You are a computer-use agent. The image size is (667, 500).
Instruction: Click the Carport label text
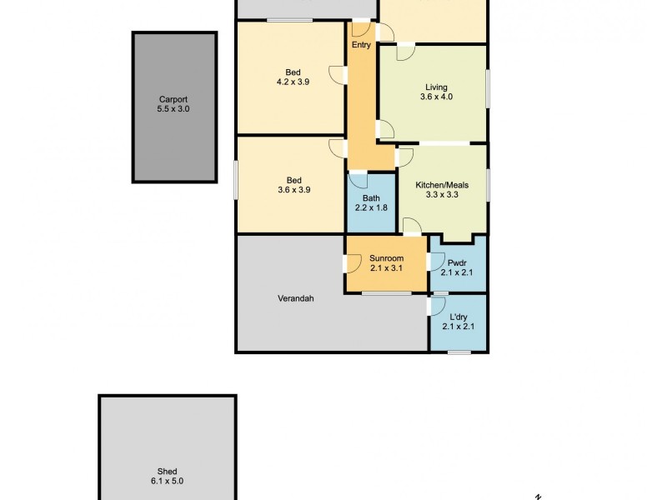pos(173,98)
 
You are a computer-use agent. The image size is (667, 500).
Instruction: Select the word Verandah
pos(295,298)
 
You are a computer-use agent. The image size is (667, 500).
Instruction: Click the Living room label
pos(436,87)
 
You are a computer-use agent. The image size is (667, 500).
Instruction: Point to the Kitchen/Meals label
pos(443,184)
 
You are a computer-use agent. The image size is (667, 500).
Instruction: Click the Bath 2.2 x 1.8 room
pos(372,202)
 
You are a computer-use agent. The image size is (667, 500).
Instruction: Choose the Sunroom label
pos(386,258)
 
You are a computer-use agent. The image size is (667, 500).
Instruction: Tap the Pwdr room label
pos(457,262)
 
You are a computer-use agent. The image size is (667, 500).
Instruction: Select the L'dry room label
pos(457,317)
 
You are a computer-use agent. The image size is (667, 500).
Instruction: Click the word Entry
pos(361,45)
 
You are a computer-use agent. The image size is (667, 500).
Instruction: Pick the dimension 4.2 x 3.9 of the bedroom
pos(293,82)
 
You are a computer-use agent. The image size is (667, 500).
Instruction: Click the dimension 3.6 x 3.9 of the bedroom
pos(293,190)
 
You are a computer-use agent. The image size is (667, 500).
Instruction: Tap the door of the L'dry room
pos(434,306)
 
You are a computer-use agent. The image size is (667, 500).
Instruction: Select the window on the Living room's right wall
pos(487,87)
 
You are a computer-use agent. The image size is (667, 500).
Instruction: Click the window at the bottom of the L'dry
pos(459,352)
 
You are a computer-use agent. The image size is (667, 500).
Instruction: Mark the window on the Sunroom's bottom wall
pos(386,292)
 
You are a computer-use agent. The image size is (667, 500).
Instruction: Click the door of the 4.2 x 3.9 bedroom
pos(338,74)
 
